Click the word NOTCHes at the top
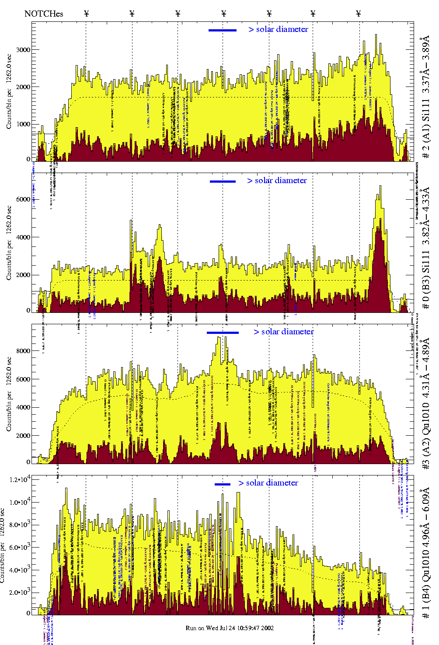tap(44, 14)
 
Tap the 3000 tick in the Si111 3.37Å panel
tap(23, 50)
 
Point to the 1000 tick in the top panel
tap(23, 124)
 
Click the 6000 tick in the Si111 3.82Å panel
tap(23, 199)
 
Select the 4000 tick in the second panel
tap(23, 237)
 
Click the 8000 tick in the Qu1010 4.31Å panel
tap(23, 351)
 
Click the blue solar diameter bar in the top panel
tap(223, 30)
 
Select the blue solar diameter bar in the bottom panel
tap(223, 484)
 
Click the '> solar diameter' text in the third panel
tap(283, 332)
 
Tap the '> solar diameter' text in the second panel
tap(277, 180)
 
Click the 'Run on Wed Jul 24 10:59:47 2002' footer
tap(230, 628)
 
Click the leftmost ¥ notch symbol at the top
tap(86, 14)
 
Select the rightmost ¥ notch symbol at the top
tap(359, 14)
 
